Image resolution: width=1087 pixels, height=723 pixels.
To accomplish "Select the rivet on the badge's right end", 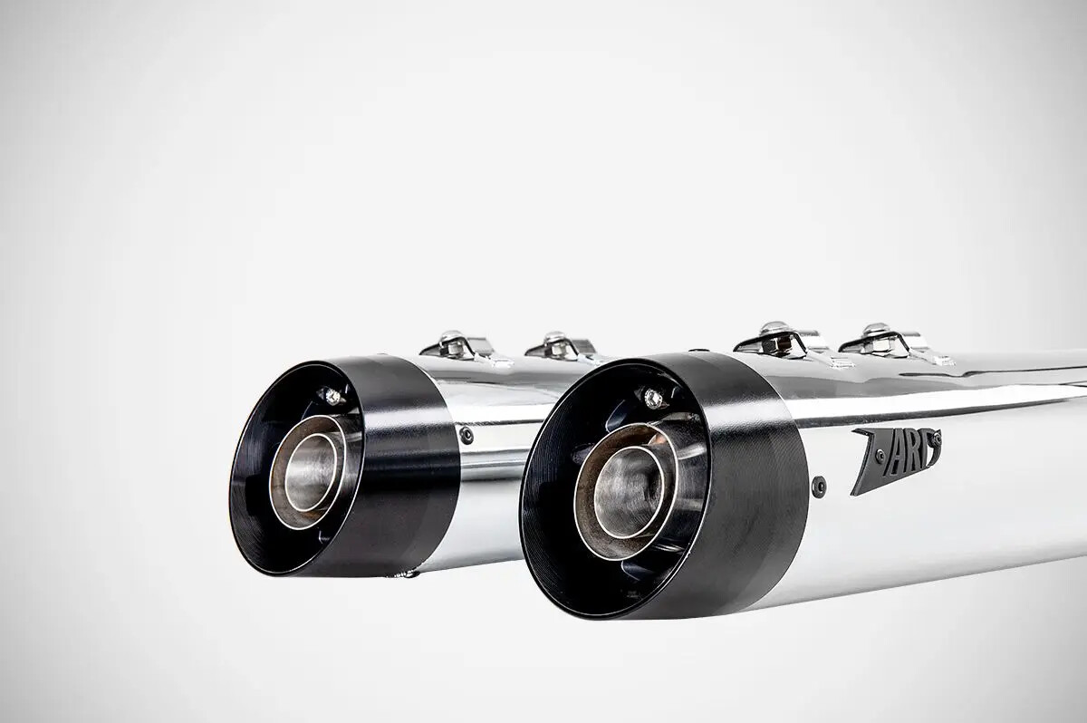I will [x=937, y=439].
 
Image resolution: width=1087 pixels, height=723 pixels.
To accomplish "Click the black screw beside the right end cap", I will [x=819, y=486].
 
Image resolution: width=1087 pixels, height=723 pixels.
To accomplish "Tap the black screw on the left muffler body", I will [x=467, y=436].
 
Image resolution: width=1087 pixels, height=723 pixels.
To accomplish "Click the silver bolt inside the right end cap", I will [x=652, y=397].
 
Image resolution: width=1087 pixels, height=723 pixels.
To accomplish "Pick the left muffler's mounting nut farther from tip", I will [x=555, y=342].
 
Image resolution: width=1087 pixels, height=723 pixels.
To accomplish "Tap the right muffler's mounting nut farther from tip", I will [x=875, y=334].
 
